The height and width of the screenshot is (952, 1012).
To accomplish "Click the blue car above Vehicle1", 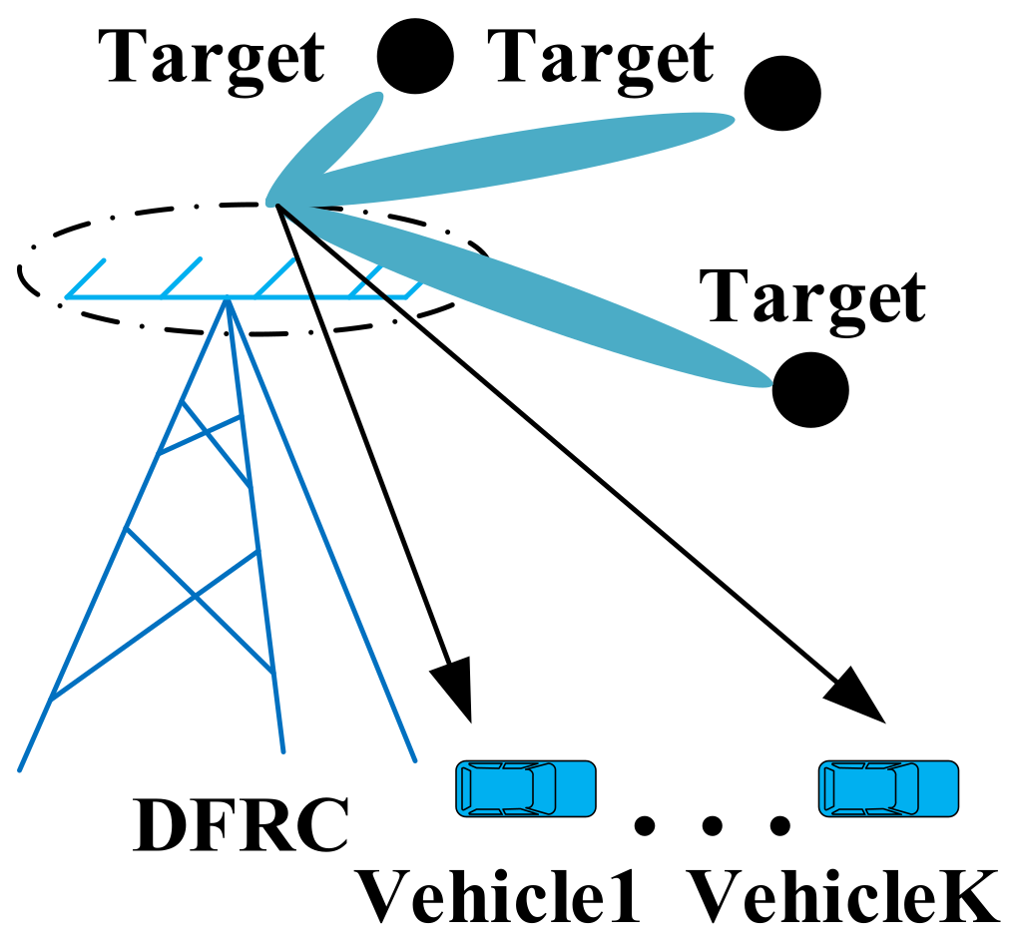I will click(525, 787).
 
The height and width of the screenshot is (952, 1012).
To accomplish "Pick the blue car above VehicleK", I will click(888, 787).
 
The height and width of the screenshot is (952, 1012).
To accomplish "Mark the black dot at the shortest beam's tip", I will click(415, 55).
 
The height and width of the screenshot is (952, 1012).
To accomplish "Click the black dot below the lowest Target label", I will click(810, 389).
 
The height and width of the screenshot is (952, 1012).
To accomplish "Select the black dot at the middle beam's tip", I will click(782, 93).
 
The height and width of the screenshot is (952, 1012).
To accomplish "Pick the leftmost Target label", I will click(212, 58).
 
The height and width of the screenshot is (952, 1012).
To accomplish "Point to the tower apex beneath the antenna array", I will click(229, 301).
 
